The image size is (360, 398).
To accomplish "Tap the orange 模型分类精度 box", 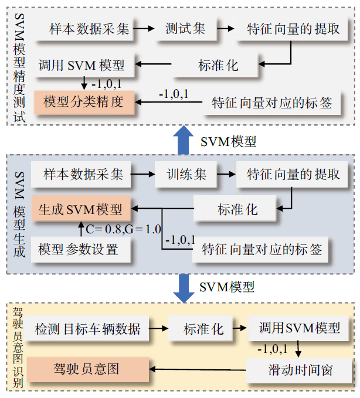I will [84, 102].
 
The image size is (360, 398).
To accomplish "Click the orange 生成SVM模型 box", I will [80, 208].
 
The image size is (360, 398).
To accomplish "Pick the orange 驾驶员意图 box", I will [86, 369].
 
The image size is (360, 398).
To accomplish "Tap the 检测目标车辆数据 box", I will [87, 329].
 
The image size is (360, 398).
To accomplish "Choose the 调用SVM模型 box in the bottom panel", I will [300, 328].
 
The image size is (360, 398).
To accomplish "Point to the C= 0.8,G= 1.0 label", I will [123, 229].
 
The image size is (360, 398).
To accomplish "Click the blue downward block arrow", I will [185, 287].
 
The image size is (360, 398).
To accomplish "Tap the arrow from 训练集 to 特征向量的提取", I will [225, 174].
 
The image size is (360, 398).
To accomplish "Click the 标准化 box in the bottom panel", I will [203, 329].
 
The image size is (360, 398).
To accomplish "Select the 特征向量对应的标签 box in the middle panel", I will [262, 250].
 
